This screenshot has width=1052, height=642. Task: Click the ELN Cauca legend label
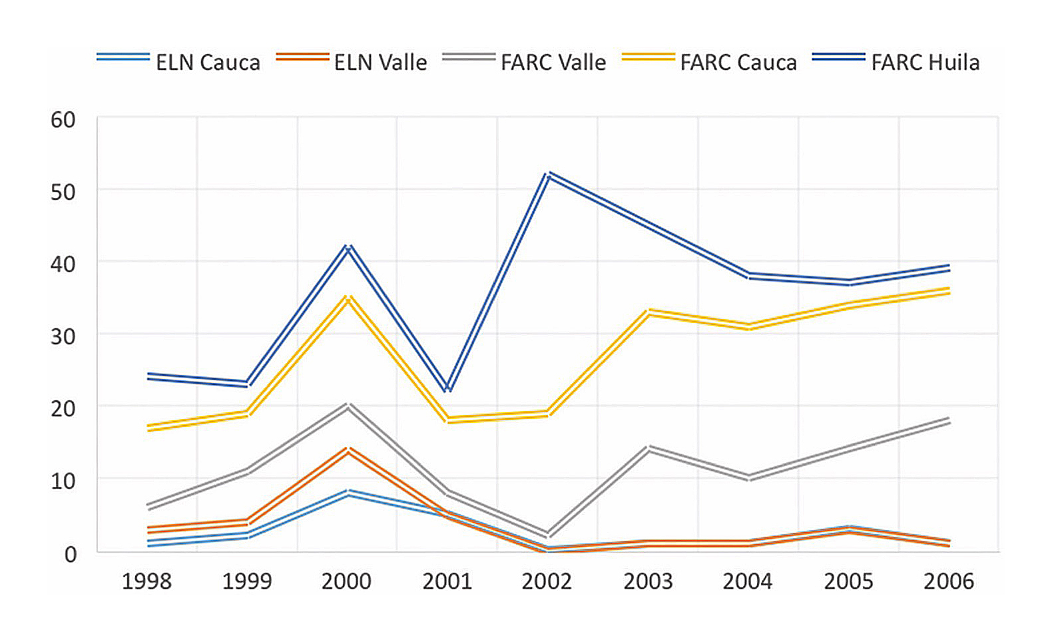pyautogui.click(x=208, y=63)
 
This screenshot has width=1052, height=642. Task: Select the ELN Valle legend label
pyautogui.click(x=380, y=63)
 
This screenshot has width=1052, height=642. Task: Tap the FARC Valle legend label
pyautogui.click(x=553, y=63)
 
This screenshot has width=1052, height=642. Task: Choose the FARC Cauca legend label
pyautogui.click(x=738, y=63)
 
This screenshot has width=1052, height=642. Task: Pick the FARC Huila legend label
pyautogui.click(x=925, y=63)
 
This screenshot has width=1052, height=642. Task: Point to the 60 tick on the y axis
pyautogui.click(x=63, y=120)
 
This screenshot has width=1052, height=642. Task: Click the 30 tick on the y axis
pyautogui.click(x=63, y=336)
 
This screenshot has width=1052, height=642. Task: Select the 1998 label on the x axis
pyautogui.click(x=146, y=581)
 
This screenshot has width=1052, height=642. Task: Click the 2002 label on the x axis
pyautogui.click(x=547, y=581)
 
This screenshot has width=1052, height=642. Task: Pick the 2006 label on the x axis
pyautogui.click(x=949, y=581)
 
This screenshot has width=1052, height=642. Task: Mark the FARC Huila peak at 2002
pyautogui.click(x=547, y=174)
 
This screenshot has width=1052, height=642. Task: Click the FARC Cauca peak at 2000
pyautogui.click(x=348, y=298)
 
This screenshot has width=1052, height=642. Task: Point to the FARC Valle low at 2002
pyautogui.click(x=547, y=535)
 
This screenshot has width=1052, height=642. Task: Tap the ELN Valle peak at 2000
pyautogui.click(x=348, y=450)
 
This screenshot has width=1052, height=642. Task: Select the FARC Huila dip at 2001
pyautogui.click(x=447, y=388)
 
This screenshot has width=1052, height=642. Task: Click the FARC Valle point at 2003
pyautogui.click(x=648, y=448)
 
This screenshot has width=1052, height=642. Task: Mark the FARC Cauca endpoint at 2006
pyautogui.click(x=949, y=290)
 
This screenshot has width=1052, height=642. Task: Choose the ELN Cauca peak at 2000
pyautogui.click(x=348, y=493)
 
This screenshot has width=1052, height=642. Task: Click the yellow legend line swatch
pyautogui.click(x=648, y=58)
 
